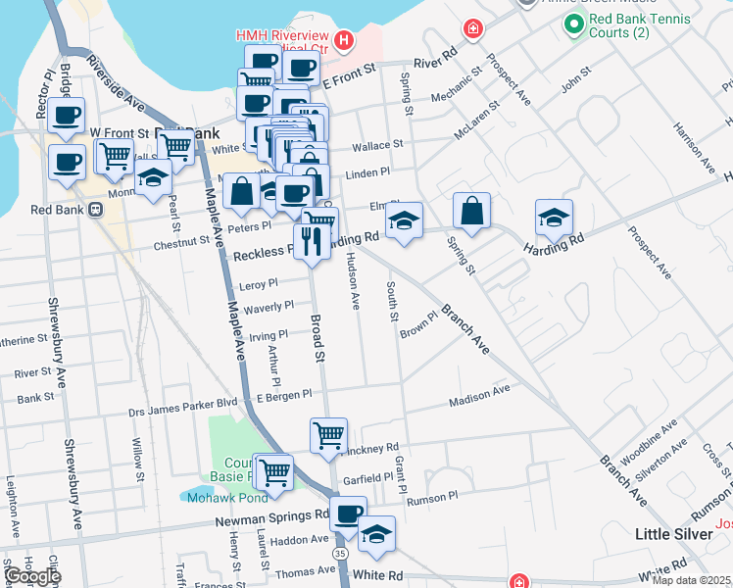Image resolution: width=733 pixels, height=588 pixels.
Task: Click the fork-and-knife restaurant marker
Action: tap(312, 241)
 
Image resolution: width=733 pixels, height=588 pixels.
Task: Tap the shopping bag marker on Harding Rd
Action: tap(471, 211)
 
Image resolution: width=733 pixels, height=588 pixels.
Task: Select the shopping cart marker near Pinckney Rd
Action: tap(328, 436)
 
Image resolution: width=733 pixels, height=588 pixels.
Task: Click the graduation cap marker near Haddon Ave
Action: tap(376, 534)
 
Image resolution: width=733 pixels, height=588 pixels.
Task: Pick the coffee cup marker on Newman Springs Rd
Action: tap(347, 514)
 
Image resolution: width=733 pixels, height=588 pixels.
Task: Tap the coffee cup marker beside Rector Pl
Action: tap(66, 116)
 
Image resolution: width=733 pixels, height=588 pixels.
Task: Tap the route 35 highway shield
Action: tap(339, 554)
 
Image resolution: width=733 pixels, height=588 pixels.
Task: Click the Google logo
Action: tap(31, 576)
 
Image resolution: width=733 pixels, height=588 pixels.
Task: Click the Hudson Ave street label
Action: tap(353, 281)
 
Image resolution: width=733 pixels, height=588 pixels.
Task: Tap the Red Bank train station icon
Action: tap(96, 209)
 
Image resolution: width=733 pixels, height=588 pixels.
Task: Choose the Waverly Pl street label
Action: tap(268, 308)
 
